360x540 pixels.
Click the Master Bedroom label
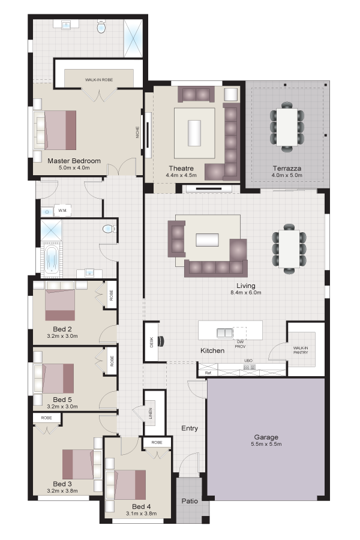pos(74,160)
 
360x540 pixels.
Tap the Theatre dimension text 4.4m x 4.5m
pos(181,175)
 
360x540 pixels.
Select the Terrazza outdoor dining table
pos(287,127)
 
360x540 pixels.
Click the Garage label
pos(266,437)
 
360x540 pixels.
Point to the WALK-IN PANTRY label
pos(301,350)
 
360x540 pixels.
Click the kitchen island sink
pos(224,332)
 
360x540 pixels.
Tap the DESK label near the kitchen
pos(152,342)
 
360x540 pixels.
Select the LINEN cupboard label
pos(151,413)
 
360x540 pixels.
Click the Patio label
pos(190,501)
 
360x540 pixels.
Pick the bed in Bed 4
pos(126,485)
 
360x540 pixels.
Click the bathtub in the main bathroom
pos(52,259)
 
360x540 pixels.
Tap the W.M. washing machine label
pos(62,211)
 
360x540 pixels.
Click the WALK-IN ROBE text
pos(99,80)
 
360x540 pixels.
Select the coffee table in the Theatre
pos(194,133)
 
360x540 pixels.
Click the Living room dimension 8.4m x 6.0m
pos(246,293)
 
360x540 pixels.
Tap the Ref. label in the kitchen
pos(208,373)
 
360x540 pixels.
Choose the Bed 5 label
pos(62,400)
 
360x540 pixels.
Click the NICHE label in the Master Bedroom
pos(138,133)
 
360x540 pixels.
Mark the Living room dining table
pos(289,248)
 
